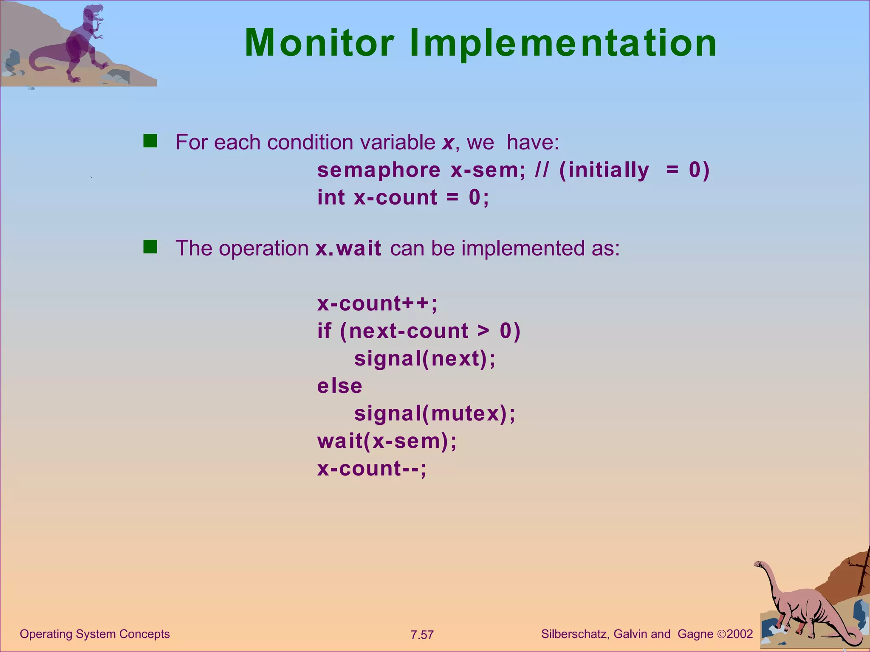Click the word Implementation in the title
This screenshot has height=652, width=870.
563,43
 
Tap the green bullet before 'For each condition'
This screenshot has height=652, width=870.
150,141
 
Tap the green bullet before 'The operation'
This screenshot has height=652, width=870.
150,247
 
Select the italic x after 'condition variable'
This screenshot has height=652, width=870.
448,143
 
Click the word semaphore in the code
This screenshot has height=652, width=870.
379,171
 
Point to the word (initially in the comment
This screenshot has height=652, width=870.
604,171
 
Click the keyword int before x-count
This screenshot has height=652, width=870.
331,198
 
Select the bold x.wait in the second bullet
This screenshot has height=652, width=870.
348,249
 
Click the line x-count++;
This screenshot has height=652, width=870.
377,304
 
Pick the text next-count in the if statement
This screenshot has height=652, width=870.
409,331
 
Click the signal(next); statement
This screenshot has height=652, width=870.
425,359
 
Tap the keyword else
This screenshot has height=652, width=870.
340,386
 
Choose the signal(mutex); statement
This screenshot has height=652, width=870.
435,414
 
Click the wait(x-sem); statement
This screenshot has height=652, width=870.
387,441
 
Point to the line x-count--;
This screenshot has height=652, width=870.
372,469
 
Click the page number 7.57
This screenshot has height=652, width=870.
422,635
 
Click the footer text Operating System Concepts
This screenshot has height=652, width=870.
95,634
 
